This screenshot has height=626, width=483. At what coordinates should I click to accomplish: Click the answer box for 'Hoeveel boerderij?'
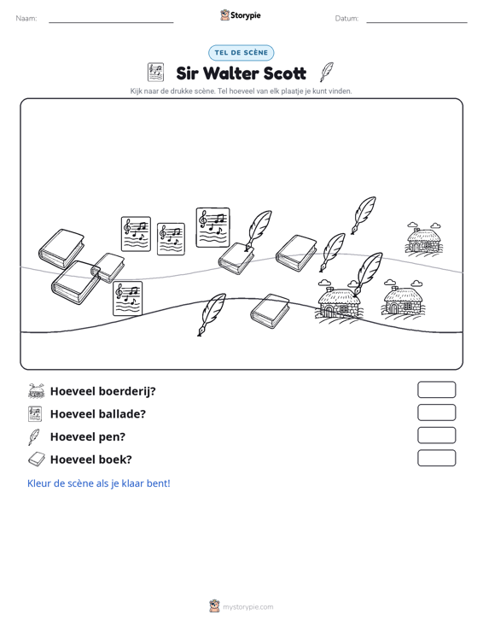(x=436, y=389)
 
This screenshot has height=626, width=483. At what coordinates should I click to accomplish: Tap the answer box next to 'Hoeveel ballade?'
(x=436, y=412)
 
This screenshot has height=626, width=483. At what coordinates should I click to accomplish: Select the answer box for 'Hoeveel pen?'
(x=436, y=436)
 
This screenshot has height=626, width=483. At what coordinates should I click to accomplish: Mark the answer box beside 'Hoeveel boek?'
(x=436, y=458)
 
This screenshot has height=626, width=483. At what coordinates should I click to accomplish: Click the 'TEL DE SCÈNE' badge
(x=241, y=53)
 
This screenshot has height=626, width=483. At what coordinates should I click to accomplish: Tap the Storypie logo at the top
(x=241, y=15)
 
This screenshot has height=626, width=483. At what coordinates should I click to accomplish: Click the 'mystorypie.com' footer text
(x=247, y=607)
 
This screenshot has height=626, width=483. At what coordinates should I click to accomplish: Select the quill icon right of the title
(x=327, y=73)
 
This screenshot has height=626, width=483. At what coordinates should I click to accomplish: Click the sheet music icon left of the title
(x=155, y=73)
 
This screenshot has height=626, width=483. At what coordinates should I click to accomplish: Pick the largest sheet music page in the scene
(x=213, y=227)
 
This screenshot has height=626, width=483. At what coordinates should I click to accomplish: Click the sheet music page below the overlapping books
(x=128, y=299)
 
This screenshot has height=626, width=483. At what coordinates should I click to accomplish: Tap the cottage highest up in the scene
(x=424, y=238)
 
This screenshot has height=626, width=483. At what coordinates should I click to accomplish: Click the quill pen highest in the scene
(x=364, y=215)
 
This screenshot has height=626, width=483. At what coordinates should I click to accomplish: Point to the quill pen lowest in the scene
(x=212, y=314)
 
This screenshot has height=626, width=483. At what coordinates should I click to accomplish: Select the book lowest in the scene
(x=270, y=312)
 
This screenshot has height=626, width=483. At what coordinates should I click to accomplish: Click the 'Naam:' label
(x=26, y=19)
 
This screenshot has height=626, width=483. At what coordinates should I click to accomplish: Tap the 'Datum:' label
(x=346, y=19)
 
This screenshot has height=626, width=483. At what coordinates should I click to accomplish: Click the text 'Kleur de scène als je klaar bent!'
(x=98, y=483)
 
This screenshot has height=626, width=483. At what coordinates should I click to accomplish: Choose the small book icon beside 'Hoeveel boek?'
(x=37, y=459)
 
